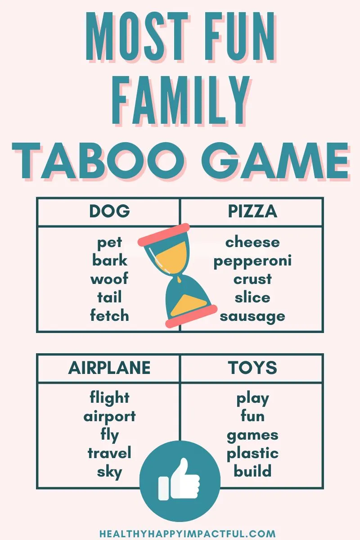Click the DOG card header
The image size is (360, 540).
coord(109,211)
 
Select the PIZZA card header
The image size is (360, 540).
coord(252,211)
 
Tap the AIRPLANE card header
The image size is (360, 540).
coord(109,368)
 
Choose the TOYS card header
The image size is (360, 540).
coord(252,368)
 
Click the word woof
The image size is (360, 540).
coord(109,279)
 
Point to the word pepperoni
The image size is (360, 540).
coord(252,261)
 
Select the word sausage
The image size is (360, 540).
coord(252,316)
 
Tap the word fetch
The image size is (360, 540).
coord(109,315)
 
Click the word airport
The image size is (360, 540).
coord(109,417)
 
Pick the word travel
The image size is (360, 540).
coord(109,453)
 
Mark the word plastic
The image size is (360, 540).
coord(252,453)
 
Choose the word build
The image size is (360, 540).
coord(252,472)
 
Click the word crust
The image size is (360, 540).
coord(252,279)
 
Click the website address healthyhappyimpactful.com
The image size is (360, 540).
coord(187,534)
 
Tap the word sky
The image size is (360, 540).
coord(109,472)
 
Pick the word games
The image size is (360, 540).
coord(252,435)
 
